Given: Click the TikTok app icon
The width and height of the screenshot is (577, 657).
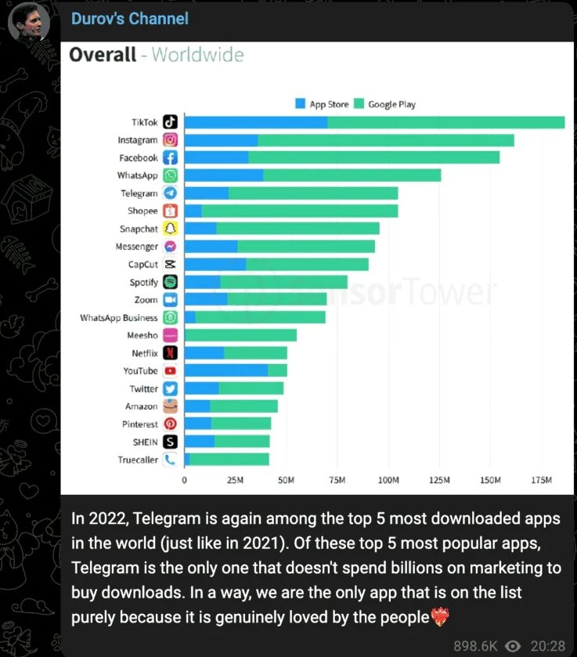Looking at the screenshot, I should coord(171,122).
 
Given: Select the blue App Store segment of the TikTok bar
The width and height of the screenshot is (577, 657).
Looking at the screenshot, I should coord(256,122).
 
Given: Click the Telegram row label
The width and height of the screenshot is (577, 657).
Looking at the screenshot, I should coord(139,193).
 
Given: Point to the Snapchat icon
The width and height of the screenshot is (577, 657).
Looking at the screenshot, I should coord(171,229).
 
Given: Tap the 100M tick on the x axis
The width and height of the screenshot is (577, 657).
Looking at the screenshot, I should coord(388,479).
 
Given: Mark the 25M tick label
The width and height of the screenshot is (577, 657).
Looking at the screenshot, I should coord(235,479).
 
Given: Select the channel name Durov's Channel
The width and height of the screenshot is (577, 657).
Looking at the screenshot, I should coord(130,18).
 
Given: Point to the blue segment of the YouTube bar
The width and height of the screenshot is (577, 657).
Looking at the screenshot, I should coord(225,370).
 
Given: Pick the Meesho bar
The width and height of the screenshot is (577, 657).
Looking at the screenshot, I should coord(240,335).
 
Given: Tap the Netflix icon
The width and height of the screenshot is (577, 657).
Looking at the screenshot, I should coord(171,353).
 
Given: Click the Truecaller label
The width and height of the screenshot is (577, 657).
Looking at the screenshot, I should coord(138,460).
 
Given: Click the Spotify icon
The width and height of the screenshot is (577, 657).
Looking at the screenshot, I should coord(171,282).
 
